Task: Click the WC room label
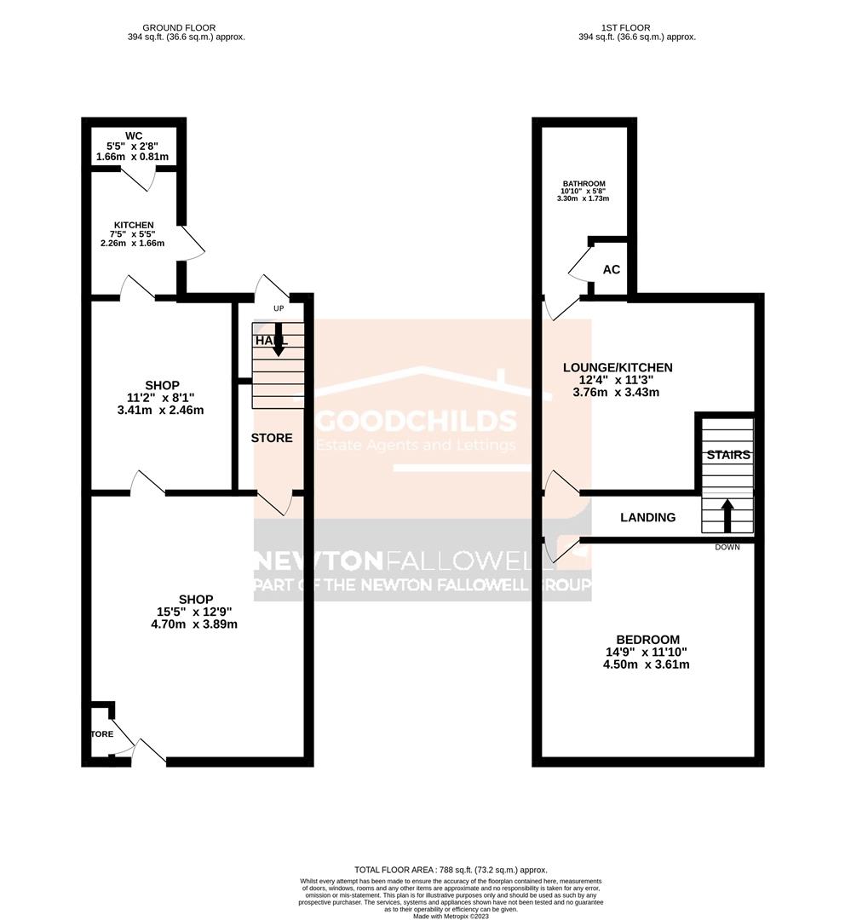click(133, 135)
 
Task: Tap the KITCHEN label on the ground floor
click(133, 225)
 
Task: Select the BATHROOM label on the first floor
click(583, 184)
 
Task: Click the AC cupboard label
click(611, 269)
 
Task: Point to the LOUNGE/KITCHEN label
click(618, 367)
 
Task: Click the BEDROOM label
click(648, 640)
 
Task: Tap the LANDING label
click(647, 517)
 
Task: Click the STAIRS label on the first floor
click(728, 455)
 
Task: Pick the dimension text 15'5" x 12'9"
click(196, 612)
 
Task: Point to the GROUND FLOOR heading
click(179, 28)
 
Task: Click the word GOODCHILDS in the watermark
click(417, 421)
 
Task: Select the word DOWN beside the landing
click(727, 547)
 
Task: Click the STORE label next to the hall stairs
click(272, 438)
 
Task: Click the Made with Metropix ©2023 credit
click(451, 916)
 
